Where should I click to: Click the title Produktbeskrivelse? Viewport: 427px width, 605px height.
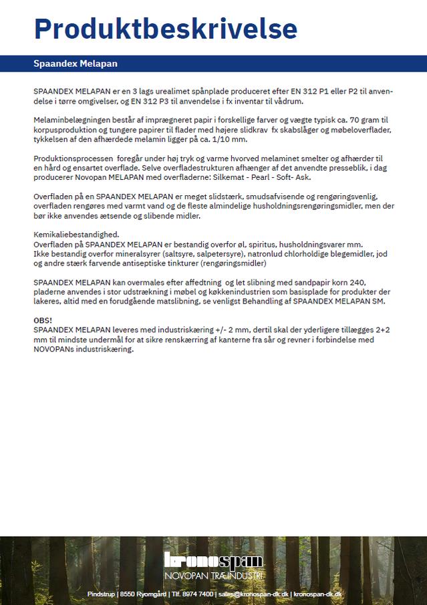coord(166,29)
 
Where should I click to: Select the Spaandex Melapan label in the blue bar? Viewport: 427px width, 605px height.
coord(76,64)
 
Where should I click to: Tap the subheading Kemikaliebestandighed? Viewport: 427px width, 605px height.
coord(76,235)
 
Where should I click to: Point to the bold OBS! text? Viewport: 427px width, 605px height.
coord(43,321)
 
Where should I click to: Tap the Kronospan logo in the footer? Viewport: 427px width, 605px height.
coord(214,560)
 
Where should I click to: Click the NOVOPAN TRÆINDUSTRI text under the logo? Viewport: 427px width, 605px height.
coord(214,576)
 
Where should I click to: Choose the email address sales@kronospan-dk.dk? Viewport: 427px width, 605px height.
coord(254,594)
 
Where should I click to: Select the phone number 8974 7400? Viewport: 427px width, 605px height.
coord(197,594)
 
